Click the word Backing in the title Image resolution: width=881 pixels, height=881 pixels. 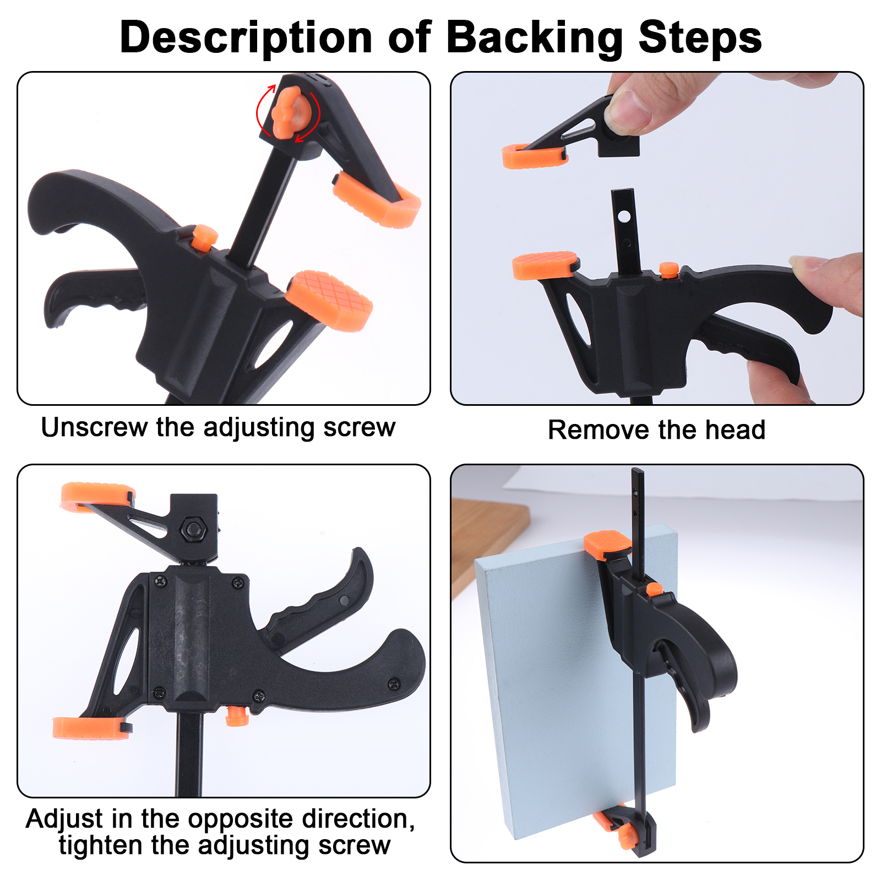pyautogui.click(x=535, y=37)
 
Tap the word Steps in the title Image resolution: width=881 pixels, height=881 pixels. pyautogui.click(x=700, y=37)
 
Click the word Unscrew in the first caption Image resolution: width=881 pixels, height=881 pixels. pyautogui.click(x=95, y=427)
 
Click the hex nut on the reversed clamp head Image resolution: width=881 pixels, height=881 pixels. pyautogui.click(x=193, y=529)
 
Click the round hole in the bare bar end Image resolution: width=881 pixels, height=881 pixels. pyautogui.click(x=623, y=217)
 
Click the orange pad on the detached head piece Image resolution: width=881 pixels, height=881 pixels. pyautogui.click(x=534, y=156)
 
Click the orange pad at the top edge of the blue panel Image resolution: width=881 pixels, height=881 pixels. pyautogui.click(x=607, y=544)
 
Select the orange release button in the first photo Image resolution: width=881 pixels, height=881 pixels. pyautogui.click(x=204, y=237)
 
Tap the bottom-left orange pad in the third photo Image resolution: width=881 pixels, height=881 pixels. pyautogui.click(x=90, y=728)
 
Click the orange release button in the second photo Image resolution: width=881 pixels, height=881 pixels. pyautogui.click(x=669, y=269)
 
